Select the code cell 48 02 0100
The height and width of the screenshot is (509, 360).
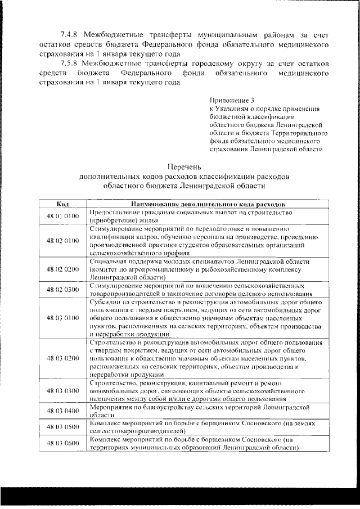(x=62, y=241)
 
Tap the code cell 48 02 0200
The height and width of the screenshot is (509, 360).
(x=62, y=270)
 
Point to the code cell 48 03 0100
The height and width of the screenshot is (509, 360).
(x=62, y=317)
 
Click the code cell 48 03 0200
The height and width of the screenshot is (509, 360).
(x=62, y=358)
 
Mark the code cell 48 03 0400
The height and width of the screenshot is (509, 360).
(x=62, y=411)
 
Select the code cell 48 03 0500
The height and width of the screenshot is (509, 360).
(x=62, y=427)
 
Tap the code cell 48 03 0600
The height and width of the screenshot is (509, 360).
(x=62, y=444)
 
